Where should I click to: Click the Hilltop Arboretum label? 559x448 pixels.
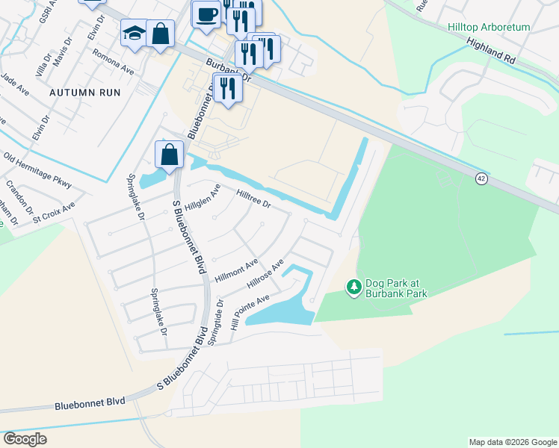pyautogui.click(x=489, y=27)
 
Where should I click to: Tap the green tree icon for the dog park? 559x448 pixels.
pyautogui.click(x=354, y=287)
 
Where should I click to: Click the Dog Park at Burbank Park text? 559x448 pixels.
pyautogui.click(x=396, y=288)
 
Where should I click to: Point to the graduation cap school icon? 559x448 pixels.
pyautogui.click(x=134, y=34)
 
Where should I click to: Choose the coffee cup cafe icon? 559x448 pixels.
pyautogui.click(x=206, y=13)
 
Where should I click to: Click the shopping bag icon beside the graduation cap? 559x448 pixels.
pyautogui.click(x=160, y=33)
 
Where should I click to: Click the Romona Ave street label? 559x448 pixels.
pyautogui.click(x=113, y=63)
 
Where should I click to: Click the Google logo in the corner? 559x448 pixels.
pyautogui.click(x=25, y=439)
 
